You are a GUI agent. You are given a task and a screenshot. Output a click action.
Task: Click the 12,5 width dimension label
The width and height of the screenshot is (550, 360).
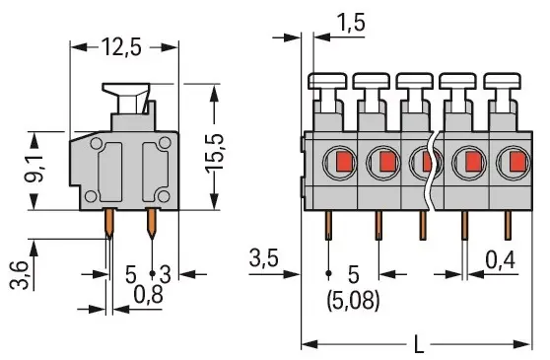coord(121,47)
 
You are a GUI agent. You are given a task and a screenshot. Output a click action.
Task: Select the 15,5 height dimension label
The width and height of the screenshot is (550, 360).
coord(215,153)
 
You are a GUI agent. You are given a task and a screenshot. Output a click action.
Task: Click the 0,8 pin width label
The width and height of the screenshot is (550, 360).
coord(149,294)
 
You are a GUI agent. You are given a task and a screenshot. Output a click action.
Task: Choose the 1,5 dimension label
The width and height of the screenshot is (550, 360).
coord(351,23)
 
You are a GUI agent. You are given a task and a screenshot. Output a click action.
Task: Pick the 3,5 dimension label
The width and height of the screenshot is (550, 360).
coord(264,258)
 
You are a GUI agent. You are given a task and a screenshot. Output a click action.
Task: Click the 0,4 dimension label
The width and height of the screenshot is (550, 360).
coord(501,260)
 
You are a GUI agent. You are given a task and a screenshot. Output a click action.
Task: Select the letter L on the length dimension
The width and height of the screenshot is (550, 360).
coord(419,344)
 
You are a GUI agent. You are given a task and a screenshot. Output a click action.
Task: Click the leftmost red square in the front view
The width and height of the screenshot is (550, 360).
coord(344,162)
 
